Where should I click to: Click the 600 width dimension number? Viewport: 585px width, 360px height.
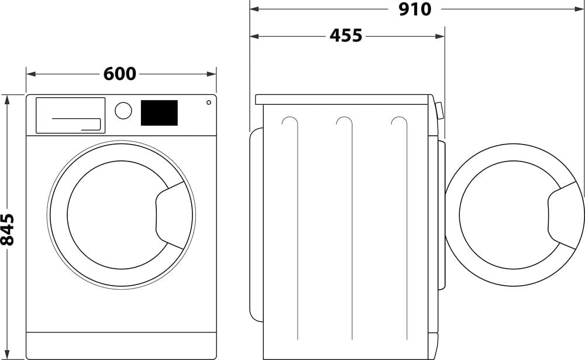pos(120,74)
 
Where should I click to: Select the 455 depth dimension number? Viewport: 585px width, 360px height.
pos(346,36)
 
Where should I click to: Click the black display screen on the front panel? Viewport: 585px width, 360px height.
pos(159,112)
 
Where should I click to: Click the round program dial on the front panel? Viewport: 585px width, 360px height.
pos(123,111)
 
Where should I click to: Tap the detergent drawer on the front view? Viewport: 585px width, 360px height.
pos(70,115)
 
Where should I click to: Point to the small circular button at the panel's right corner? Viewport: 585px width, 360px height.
pos(209,102)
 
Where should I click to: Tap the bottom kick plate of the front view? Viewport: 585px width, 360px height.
pos(121,345)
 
